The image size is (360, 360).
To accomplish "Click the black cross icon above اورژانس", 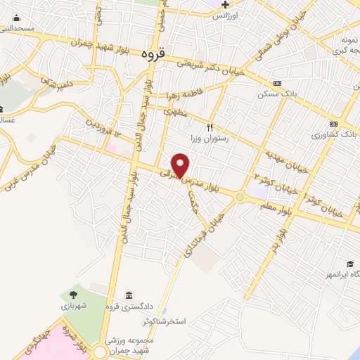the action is (x=224, y=5).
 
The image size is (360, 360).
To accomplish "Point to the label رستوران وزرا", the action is (x=209, y=139).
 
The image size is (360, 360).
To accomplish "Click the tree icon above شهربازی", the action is (x=72, y=295).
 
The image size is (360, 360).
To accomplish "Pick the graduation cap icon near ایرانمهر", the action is (x=349, y=264).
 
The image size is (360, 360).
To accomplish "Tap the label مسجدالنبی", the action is (x=18, y=29).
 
